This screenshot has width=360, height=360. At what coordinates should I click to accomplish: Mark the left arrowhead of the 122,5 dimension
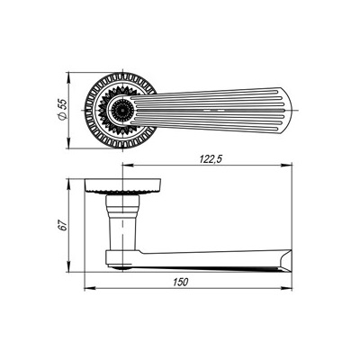[124, 166]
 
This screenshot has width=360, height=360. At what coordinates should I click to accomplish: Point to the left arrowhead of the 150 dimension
[87, 289]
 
